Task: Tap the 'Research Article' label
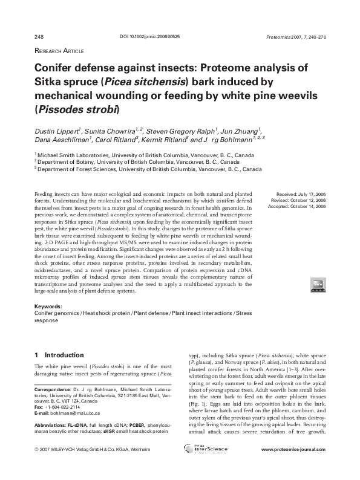click(x=57, y=51)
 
